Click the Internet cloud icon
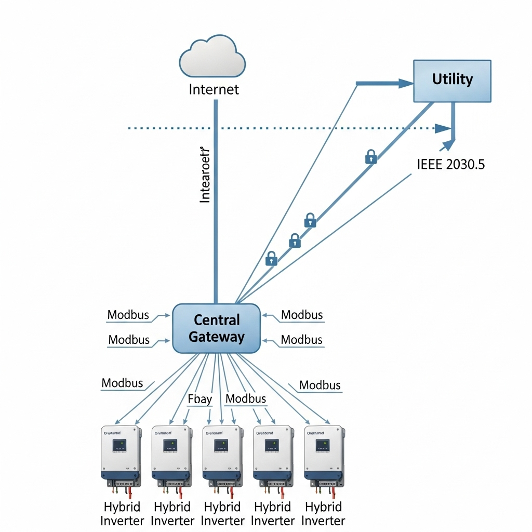(x=212, y=57)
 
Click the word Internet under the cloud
(x=214, y=89)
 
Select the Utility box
(x=451, y=81)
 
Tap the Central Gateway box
(x=216, y=328)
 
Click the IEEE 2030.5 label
(x=451, y=165)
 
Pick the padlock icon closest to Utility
(x=371, y=156)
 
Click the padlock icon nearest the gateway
(x=271, y=258)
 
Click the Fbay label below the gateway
(x=199, y=399)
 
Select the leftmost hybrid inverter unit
(x=121, y=454)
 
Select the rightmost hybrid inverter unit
(x=324, y=454)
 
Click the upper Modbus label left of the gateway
(x=128, y=315)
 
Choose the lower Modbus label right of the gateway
(x=302, y=340)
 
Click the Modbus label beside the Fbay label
(x=246, y=399)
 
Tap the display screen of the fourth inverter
(x=272, y=445)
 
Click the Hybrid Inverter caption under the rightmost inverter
(x=324, y=513)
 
